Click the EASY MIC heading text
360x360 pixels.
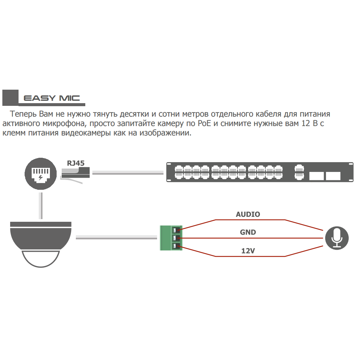tap(52, 98)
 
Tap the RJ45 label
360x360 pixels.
tap(76, 163)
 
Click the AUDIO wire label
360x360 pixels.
tap(248, 214)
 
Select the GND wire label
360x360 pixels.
tap(248, 232)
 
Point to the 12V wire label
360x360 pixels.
tap(248, 251)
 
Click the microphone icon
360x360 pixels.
tap(336, 238)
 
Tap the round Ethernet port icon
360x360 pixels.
tap(41, 174)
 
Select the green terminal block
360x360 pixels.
tap(171, 238)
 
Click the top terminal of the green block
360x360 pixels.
tap(175, 230)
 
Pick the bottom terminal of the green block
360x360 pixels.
tap(175, 246)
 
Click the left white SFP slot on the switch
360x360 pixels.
tap(316, 176)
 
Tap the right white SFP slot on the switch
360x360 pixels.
tap(333, 176)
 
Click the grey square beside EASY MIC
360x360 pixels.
tap(10, 98)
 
